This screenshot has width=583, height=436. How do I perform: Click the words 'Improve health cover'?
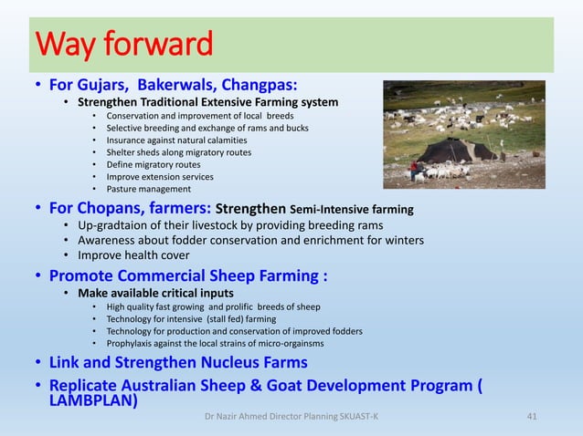tap(132, 255)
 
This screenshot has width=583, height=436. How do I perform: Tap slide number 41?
tap(533, 416)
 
